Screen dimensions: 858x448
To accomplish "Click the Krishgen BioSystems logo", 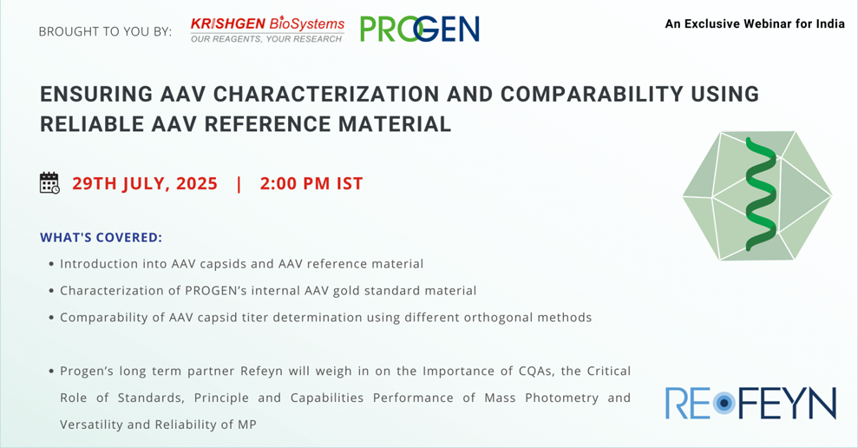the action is tap(267, 30).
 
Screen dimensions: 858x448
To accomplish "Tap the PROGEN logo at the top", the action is tap(420, 29).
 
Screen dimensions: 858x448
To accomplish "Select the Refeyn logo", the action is tap(750, 403).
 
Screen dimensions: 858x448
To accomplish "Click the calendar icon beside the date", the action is tap(49, 183).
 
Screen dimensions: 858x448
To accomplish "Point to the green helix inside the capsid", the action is tap(761, 194).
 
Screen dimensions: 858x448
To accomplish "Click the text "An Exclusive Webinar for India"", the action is tap(755, 23).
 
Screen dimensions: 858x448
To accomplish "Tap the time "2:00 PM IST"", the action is tap(311, 183).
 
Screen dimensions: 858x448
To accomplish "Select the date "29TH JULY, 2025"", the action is tap(145, 184).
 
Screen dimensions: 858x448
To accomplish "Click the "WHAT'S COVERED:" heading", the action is tap(102, 238).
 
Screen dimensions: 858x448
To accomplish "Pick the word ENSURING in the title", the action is tap(96, 94).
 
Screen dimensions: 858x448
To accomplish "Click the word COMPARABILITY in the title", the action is tap(592, 94).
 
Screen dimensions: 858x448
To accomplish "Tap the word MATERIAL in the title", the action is tap(395, 124).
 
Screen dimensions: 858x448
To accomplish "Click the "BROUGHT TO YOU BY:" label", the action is tap(105, 32).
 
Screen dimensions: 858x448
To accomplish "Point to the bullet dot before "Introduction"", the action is tap(51, 265).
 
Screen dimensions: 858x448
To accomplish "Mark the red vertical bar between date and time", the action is tap(239, 184).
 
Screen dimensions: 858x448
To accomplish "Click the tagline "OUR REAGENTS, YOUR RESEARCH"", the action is tap(266, 39).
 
